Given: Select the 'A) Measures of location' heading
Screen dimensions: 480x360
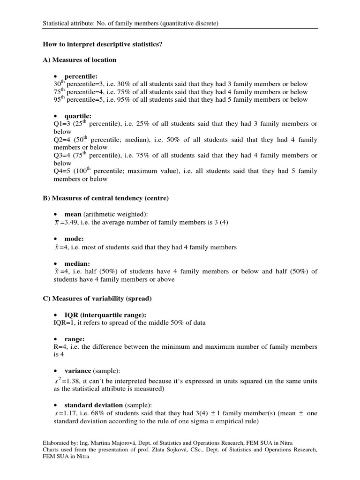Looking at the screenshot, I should point(80,60).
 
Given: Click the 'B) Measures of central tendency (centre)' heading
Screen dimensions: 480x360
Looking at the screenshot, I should point(105,198).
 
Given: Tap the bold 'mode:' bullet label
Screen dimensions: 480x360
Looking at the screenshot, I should point(74,239).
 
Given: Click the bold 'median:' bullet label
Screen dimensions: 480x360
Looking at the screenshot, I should point(77,264).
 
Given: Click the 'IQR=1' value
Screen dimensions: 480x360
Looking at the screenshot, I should point(63,322).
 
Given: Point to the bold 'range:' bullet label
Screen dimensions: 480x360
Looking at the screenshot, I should point(75,339).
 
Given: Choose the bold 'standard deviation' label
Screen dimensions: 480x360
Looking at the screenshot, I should point(93,405).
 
